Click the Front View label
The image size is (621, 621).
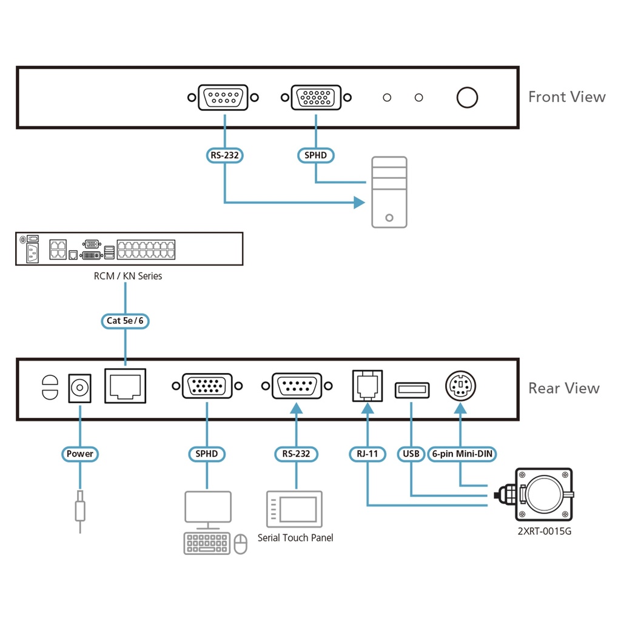566,97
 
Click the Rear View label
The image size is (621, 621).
564,388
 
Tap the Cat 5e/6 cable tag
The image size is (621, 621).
125,320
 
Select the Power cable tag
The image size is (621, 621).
80,454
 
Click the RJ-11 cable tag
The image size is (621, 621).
366,454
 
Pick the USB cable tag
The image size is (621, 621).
411,454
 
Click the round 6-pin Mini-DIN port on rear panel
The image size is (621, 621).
461,386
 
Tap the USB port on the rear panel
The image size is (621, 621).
412,390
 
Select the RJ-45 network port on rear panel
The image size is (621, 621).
126,386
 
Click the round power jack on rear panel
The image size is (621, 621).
79,386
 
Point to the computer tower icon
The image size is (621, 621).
389,192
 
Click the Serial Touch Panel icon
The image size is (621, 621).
295,509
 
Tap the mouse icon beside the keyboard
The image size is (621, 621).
241,543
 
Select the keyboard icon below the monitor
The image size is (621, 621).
207,543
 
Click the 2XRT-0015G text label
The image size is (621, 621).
544,532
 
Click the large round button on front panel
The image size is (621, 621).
467,98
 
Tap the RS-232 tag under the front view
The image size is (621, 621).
225,156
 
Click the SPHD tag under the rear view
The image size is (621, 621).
206,454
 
